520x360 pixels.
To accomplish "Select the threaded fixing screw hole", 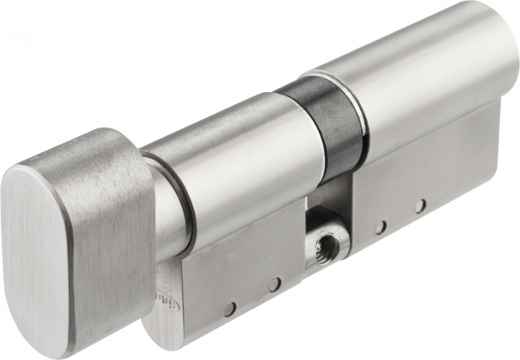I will [327, 248].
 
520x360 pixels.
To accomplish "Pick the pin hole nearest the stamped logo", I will [229, 307].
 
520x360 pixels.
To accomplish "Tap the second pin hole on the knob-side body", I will [273, 284].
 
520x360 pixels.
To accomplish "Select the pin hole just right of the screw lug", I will [380, 227].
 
